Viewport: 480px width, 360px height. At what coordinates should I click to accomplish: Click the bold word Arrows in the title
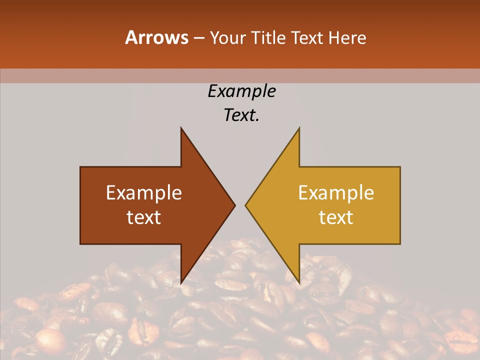(156, 37)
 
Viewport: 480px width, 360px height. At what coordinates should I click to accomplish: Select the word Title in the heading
(268, 37)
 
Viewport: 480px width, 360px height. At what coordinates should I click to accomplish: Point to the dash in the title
(198, 38)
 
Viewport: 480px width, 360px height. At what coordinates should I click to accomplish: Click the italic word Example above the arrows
(241, 91)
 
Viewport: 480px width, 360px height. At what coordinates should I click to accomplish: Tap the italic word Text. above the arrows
(241, 115)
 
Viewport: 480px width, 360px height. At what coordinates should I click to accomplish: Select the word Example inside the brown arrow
(144, 192)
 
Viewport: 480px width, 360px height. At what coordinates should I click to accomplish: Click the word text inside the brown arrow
(144, 217)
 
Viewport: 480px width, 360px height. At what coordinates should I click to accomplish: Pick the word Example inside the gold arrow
(336, 192)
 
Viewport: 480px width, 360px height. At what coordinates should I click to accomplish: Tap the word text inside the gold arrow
(336, 217)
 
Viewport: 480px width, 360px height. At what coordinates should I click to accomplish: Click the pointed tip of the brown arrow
(235, 205)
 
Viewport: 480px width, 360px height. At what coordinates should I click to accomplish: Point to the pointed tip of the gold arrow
(245, 205)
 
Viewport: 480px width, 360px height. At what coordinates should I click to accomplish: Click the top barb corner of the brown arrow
(181, 128)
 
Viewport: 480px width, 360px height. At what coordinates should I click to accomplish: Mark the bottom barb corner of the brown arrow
(181, 282)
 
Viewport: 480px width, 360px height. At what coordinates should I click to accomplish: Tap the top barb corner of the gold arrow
(299, 128)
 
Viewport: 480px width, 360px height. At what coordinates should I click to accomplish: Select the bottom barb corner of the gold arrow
(299, 282)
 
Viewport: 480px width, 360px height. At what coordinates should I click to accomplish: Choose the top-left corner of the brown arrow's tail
(81, 167)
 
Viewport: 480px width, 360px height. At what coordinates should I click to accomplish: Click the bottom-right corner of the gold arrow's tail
(400, 243)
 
